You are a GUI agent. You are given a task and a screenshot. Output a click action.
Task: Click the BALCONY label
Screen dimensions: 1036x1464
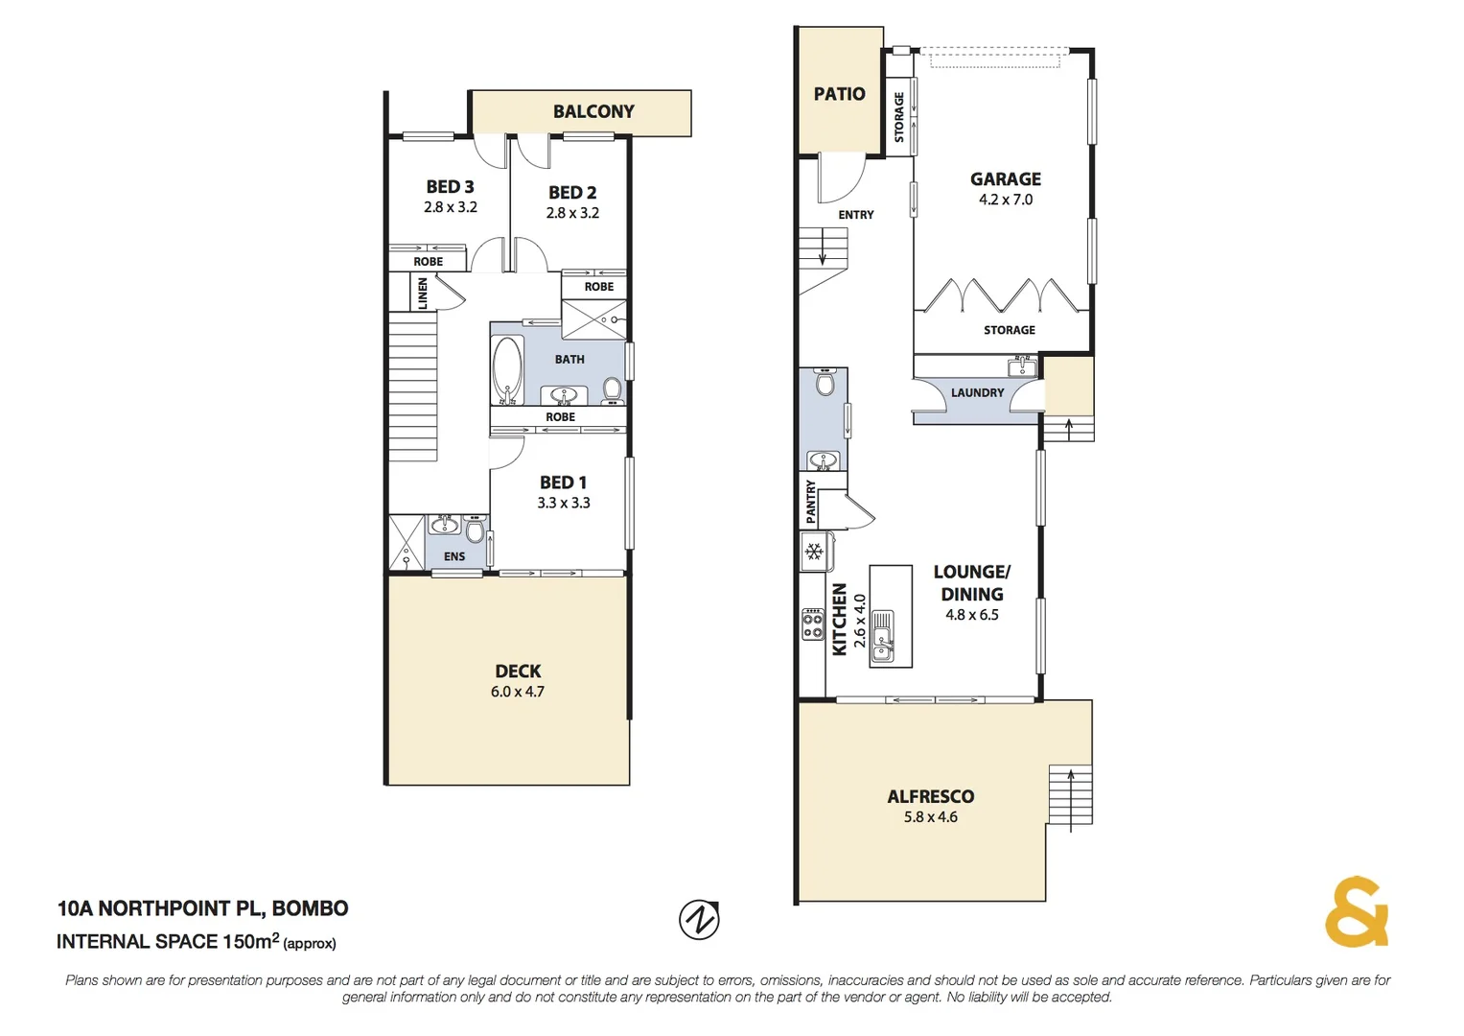click(593, 111)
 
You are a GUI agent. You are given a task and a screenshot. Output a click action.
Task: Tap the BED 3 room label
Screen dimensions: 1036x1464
click(450, 186)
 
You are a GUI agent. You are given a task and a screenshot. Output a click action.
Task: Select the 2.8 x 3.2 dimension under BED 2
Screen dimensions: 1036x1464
click(572, 213)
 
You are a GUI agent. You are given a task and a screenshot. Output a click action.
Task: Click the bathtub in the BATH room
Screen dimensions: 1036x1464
click(506, 370)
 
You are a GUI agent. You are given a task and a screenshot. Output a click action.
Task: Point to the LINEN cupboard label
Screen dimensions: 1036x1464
click(422, 294)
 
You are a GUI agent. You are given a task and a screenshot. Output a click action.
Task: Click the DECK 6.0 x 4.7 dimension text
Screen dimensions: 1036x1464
click(518, 692)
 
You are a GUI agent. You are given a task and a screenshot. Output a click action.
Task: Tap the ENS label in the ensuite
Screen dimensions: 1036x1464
click(454, 556)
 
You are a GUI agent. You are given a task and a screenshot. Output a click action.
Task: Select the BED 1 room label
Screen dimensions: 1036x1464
click(563, 483)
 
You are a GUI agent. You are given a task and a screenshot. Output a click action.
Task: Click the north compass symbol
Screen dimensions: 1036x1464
click(699, 920)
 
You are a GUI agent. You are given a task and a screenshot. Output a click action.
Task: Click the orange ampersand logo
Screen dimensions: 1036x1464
click(1356, 912)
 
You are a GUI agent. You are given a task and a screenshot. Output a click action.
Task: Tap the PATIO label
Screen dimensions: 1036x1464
click(839, 94)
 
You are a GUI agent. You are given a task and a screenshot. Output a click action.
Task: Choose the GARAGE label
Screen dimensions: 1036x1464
click(1005, 178)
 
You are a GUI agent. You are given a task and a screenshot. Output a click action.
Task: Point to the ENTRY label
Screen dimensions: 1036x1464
click(855, 215)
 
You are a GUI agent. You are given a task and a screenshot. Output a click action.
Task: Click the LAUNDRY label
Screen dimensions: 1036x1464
click(977, 392)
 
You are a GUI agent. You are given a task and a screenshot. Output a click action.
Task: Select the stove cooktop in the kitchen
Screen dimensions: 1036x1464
click(813, 624)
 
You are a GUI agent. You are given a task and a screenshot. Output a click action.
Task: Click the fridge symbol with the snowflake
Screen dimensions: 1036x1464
click(815, 552)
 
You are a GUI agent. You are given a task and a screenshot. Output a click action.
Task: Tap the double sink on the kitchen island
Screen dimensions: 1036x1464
click(883, 635)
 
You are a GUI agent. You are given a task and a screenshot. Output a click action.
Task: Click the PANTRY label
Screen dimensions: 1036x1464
click(811, 501)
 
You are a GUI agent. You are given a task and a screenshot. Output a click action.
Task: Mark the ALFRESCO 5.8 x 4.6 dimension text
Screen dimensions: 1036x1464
click(930, 817)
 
